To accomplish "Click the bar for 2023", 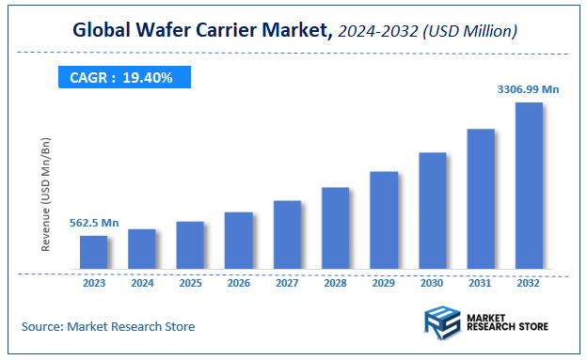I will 93,252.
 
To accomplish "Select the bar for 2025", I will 190,245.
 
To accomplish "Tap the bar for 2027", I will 287,235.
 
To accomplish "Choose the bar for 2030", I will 432,211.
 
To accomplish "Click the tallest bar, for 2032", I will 529,185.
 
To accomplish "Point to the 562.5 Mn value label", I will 94,223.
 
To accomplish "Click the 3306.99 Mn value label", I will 528,89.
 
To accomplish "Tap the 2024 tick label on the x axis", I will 142,282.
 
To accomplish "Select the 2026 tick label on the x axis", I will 239,282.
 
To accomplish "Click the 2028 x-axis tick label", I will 336,282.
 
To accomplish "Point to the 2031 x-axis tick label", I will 481,282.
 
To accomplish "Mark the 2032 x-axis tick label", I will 529,282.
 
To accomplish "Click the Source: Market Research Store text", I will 108,327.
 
